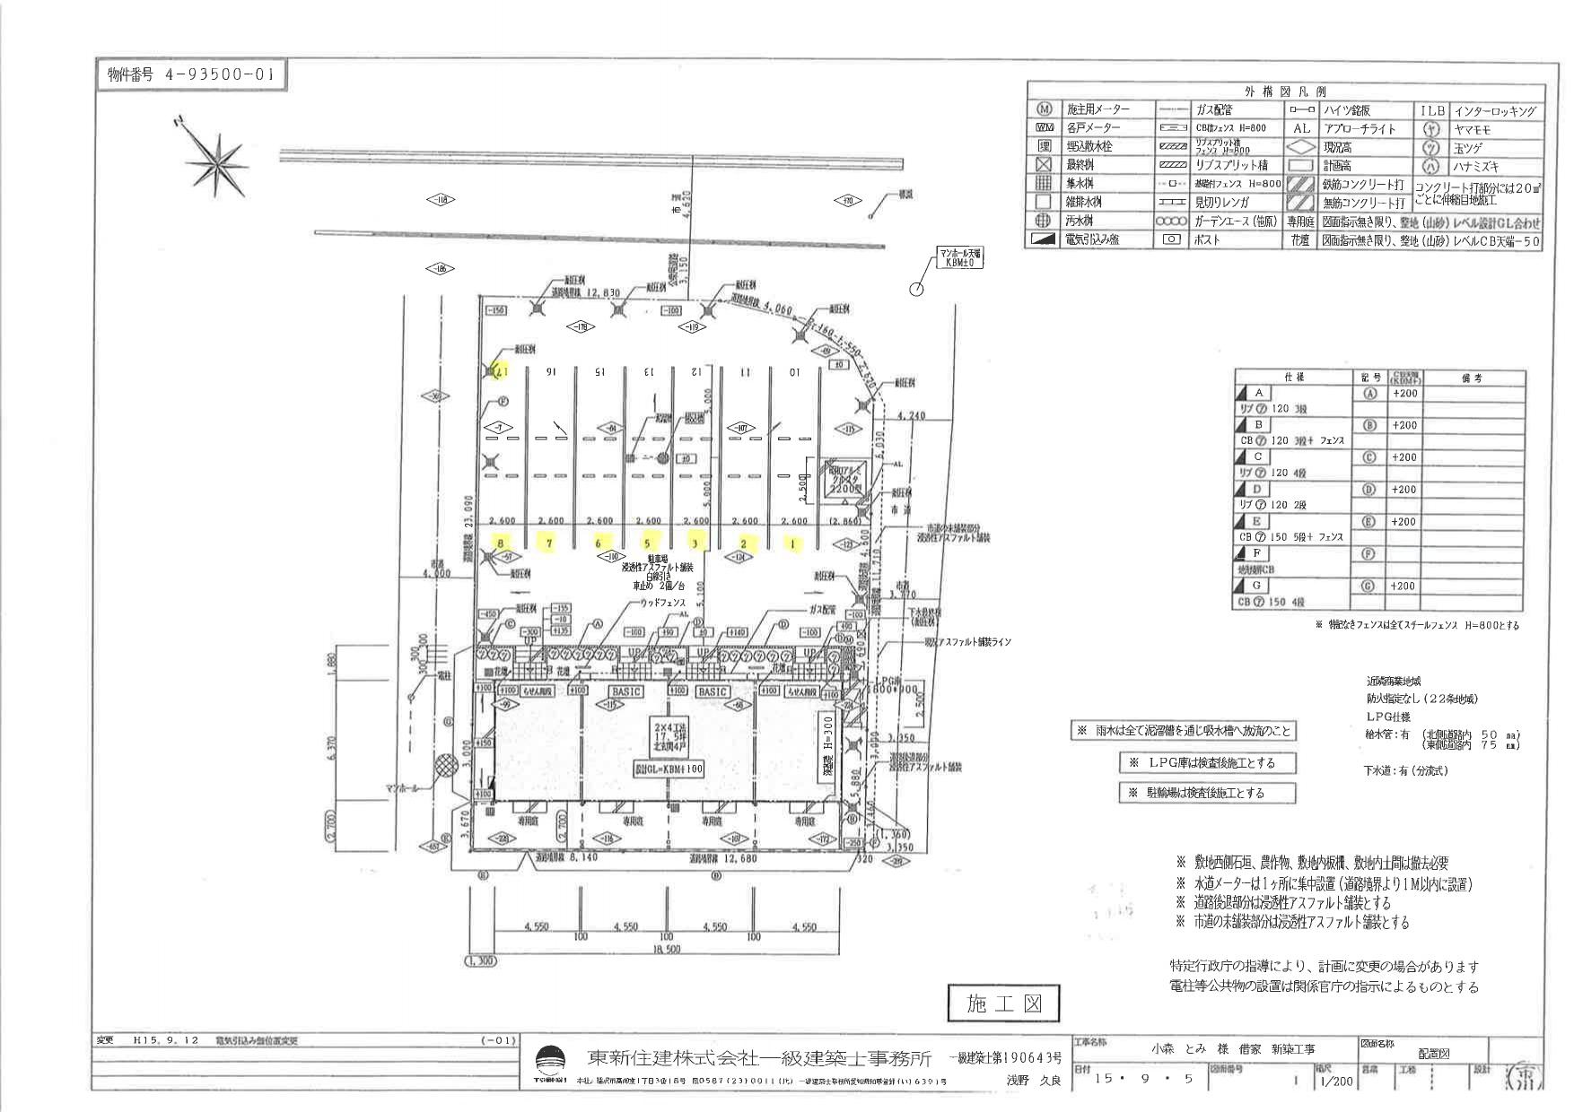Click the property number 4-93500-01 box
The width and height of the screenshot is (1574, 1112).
coord(191,75)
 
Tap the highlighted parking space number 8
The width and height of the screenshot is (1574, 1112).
coord(500,543)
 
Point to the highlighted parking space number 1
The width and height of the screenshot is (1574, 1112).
coord(792,543)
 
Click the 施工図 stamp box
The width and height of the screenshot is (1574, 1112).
coord(1003,1003)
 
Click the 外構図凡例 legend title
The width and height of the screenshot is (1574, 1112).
coord(1285,91)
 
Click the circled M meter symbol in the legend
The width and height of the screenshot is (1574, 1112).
coord(1044,109)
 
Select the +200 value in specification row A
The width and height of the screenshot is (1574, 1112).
coord(1404,394)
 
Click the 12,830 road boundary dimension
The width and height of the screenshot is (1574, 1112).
coord(599,293)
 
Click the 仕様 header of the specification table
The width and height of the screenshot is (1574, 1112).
coord(1293,378)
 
